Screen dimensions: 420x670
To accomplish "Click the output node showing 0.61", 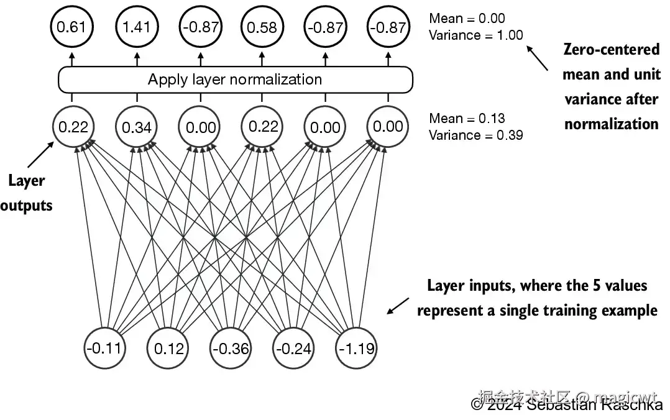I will pos(71,27).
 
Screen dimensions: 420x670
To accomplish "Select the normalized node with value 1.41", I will pos(136,27).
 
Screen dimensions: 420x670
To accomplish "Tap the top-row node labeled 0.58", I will pos(262,27).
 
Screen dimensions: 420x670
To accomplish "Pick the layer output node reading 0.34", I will pos(136,127).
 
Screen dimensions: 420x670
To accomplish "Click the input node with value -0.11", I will pos(104,347).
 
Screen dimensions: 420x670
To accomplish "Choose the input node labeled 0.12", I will pos(167,347).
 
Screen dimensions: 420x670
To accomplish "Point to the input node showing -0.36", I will pos(231,347).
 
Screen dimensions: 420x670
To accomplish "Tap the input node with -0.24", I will pos(293,347).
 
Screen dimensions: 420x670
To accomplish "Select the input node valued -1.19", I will pos(357,347).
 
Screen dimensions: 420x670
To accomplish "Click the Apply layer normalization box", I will pos(235,80).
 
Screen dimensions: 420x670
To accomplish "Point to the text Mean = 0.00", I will pos(467,19).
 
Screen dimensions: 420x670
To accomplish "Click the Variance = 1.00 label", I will pos(476,35).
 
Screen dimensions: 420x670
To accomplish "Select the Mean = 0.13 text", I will pos(467,118).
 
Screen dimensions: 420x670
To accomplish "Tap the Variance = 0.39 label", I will pos(476,135).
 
